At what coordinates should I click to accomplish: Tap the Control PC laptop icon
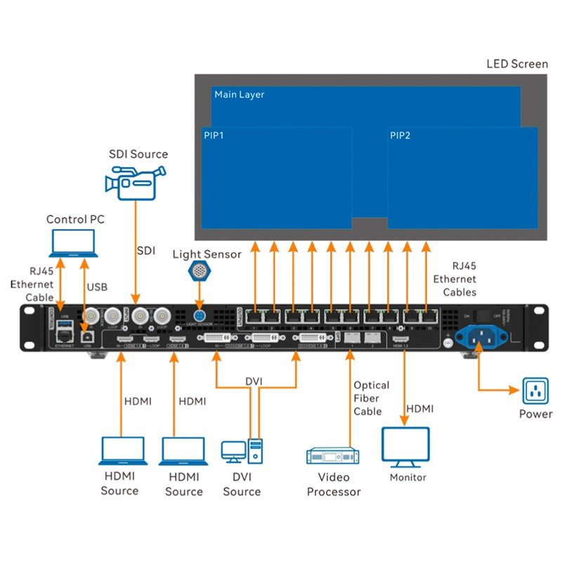75,243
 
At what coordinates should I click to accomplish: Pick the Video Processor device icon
333,455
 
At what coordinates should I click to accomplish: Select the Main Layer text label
240,94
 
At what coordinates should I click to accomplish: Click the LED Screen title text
517,64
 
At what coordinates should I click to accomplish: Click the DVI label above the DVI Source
254,380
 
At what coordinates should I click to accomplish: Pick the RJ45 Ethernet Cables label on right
455,279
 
